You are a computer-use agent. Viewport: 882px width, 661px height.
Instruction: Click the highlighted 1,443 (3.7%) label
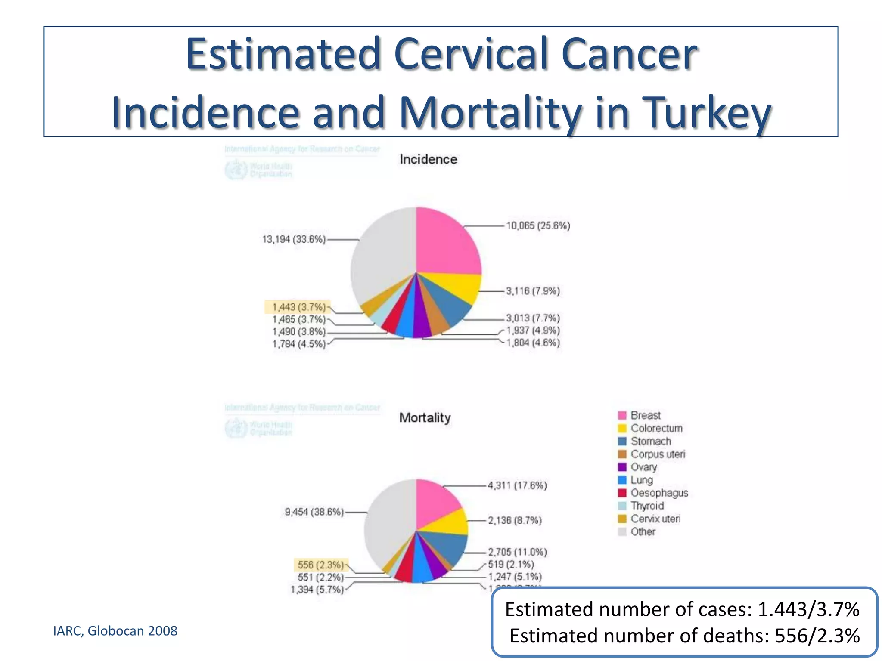pos(298,307)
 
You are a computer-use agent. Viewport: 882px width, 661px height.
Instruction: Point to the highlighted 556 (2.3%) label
pos(320,565)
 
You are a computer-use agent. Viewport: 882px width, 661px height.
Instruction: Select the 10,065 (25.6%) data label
pos(538,225)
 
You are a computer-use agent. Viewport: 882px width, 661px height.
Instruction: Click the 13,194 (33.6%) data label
pos(294,239)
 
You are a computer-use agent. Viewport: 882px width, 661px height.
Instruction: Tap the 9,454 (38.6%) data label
pos(314,512)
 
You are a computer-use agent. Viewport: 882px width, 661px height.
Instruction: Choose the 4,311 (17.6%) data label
pos(517,485)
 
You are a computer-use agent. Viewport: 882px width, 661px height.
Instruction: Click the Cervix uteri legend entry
pos(655,519)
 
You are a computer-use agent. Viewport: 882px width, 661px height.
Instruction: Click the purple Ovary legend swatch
pos(622,467)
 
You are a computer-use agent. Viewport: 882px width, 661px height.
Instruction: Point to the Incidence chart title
pos(428,159)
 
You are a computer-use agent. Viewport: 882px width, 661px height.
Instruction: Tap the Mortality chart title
pos(425,417)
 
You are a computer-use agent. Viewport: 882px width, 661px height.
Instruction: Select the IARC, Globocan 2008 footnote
pos(115,631)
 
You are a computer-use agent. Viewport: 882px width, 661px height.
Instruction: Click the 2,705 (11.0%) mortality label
pos(517,552)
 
